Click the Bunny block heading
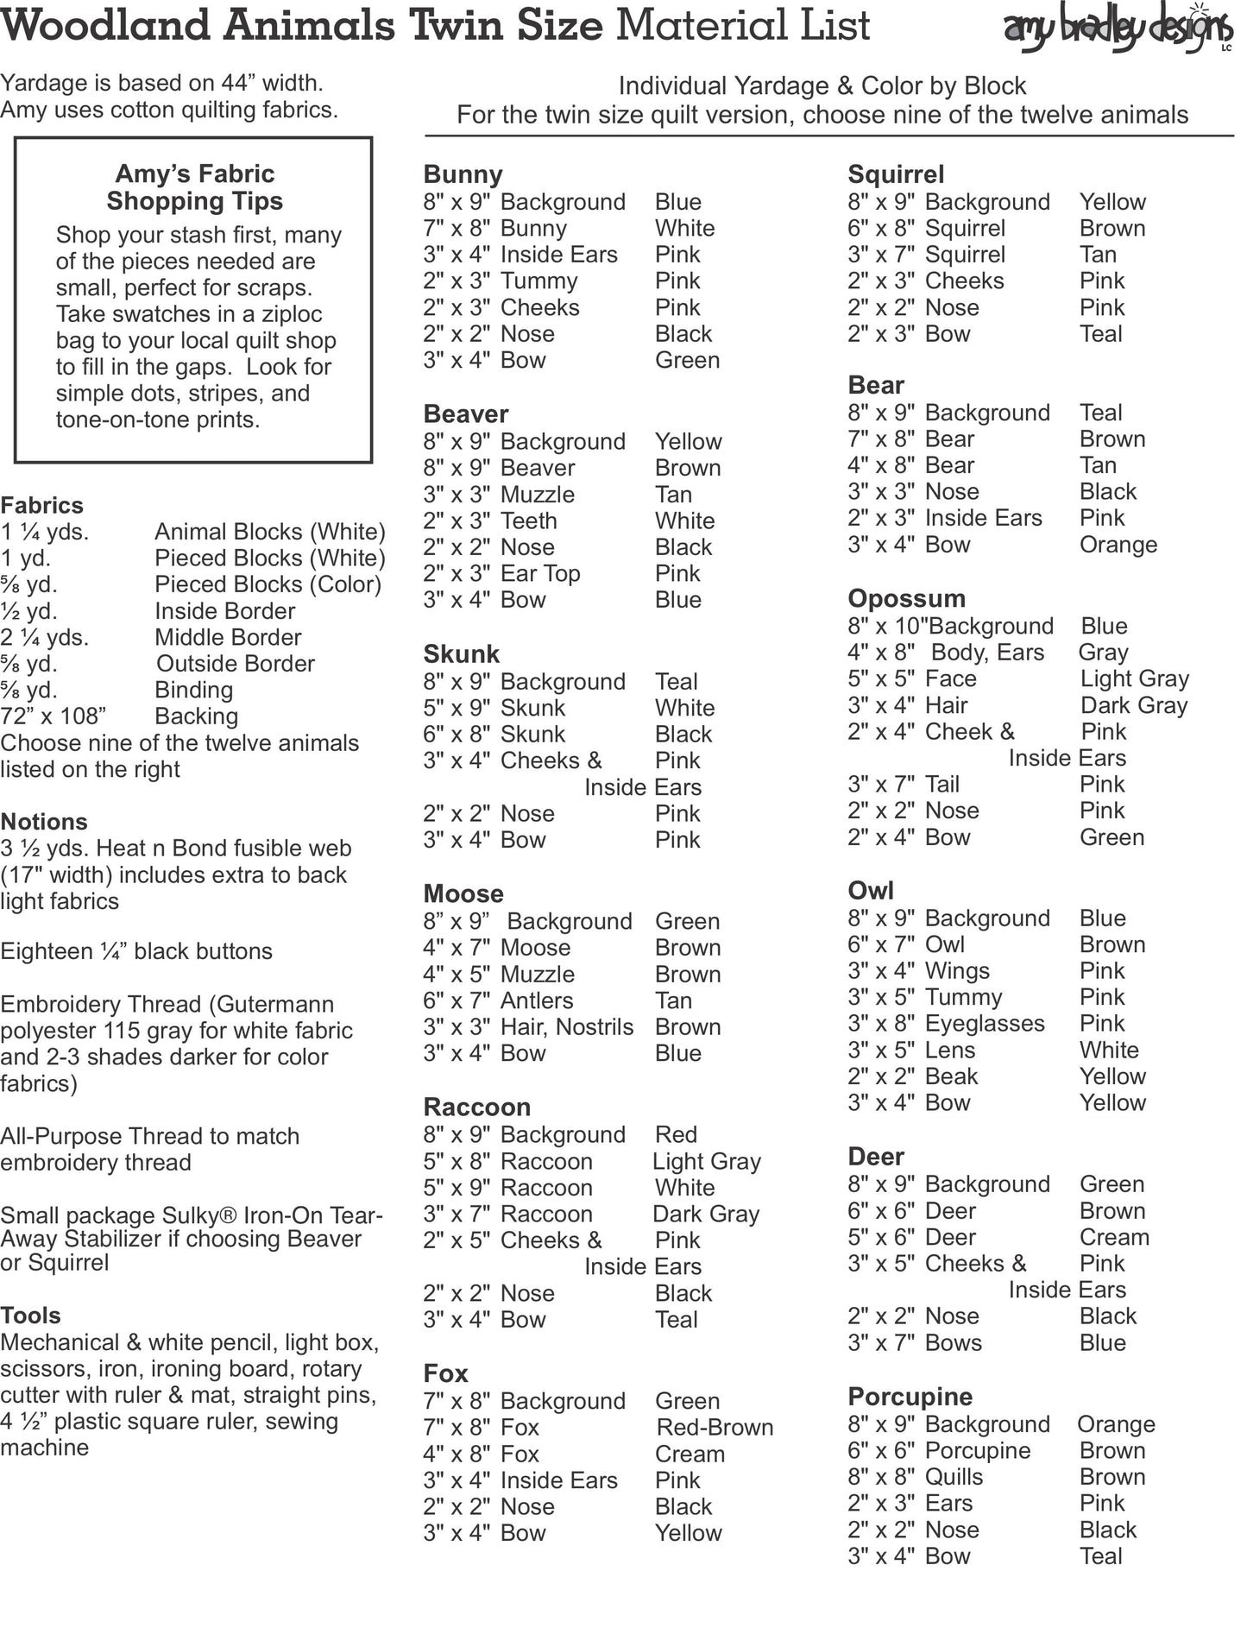click(463, 174)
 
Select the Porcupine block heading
click(910, 1397)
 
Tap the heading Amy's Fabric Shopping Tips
click(195, 187)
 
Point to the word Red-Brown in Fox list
click(715, 1428)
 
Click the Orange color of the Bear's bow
click(1118, 545)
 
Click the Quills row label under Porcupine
click(954, 1477)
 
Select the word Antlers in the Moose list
click(537, 1000)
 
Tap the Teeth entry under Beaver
click(528, 521)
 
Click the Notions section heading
click(44, 822)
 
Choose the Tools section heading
click(30, 1316)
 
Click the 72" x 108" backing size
click(54, 716)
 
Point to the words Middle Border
click(228, 638)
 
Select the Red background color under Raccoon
click(676, 1135)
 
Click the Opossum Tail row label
click(942, 785)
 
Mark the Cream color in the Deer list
click(1114, 1238)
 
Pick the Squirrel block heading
click(896, 174)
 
